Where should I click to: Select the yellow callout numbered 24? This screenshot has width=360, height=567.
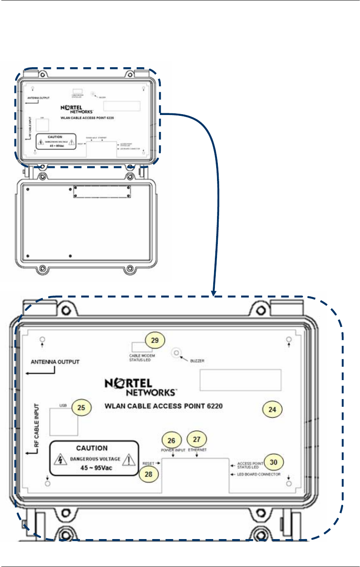(x=272, y=409)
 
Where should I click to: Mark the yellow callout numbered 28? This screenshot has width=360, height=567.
(x=150, y=474)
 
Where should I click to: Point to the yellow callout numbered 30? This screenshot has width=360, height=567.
(x=274, y=462)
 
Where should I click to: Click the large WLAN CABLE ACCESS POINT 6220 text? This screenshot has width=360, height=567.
(x=163, y=406)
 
